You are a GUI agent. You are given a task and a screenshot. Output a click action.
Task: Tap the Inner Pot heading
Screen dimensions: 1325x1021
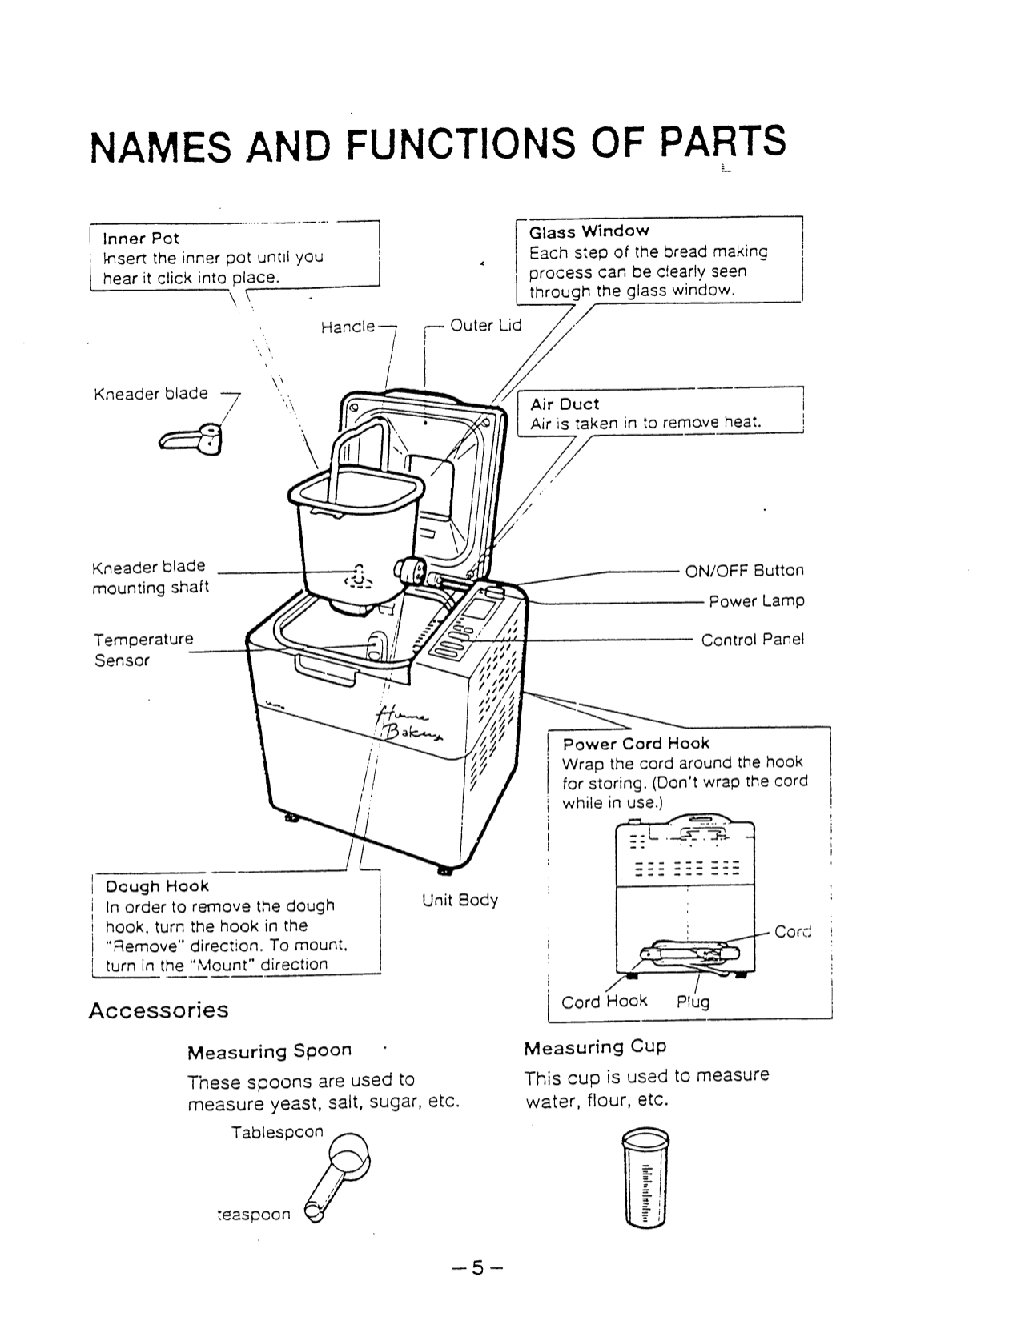(x=141, y=239)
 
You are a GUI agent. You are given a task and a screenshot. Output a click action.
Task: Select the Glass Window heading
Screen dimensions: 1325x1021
(x=589, y=232)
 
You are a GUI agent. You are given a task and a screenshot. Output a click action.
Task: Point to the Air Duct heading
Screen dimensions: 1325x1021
(x=565, y=404)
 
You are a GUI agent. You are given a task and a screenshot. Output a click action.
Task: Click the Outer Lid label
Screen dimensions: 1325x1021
(x=485, y=325)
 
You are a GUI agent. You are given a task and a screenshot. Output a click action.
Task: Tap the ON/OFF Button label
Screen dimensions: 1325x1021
(x=744, y=571)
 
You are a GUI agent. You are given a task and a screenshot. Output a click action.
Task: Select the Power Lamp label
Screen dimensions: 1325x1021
(x=757, y=601)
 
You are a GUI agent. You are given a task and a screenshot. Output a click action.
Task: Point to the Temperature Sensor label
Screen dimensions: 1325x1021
(x=143, y=650)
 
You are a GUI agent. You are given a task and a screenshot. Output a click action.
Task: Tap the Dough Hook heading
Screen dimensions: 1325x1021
(x=157, y=886)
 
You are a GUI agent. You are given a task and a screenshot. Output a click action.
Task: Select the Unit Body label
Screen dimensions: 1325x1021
(x=460, y=900)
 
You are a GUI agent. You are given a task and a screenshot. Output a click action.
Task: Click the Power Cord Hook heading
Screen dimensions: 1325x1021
(x=636, y=744)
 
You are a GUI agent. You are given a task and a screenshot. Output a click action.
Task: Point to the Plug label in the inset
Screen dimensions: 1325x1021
(x=693, y=1002)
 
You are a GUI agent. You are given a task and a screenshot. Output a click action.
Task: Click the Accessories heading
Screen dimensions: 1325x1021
(x=158, y=1010)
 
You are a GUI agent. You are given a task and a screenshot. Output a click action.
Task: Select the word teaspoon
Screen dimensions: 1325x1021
(x=254, y=1215)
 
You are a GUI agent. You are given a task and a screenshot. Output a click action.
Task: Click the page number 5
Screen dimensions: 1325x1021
(x=478, y=1268)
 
